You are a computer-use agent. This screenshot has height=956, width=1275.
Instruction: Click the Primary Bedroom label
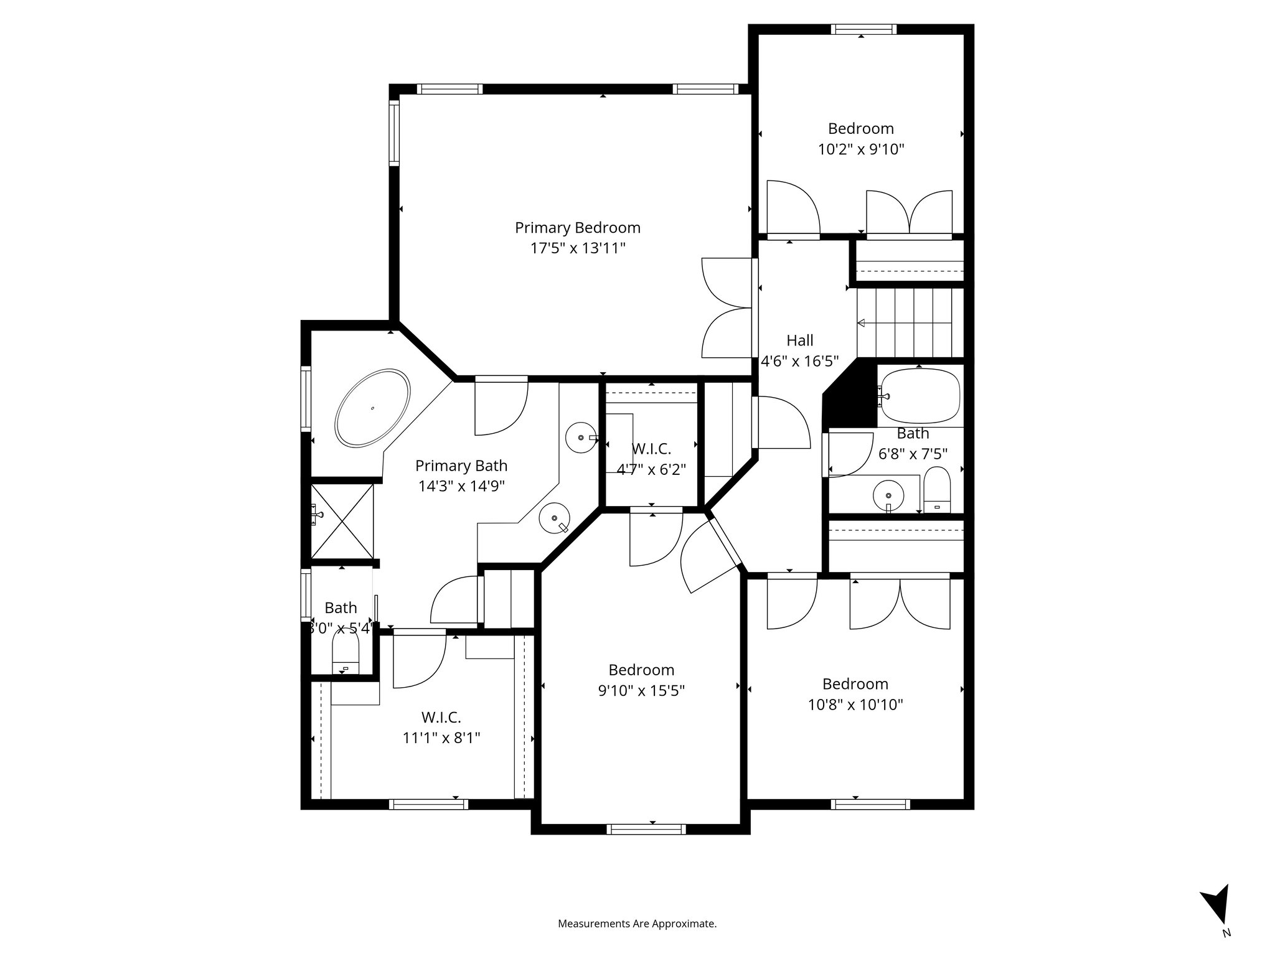coord(577,228)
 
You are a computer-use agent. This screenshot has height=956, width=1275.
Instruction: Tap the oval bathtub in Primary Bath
coord(372,408)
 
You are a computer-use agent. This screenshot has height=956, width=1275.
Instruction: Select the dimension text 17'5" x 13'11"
coord(577,248)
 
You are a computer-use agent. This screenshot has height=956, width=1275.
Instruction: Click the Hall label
coord(799,340)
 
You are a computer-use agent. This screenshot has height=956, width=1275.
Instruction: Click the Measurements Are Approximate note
coord(637,924)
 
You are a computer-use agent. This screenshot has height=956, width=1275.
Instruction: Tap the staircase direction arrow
coord(862,323)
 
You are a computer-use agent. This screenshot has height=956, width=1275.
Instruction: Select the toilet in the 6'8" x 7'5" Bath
coord(937,491)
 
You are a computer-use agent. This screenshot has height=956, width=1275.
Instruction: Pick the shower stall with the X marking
coord(341,522)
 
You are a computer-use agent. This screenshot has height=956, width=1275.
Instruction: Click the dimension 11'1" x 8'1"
coord(441,738)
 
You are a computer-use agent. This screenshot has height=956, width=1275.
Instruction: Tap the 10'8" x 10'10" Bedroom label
coord(855,684)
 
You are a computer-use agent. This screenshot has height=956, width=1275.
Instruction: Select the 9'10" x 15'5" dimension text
coord(641,691)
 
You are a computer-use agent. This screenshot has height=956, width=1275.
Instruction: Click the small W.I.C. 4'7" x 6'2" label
coord(651,449)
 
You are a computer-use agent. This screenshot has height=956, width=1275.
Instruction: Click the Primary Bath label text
coord(461,466)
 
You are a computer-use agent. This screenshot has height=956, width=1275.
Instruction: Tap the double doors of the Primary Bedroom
coord(727,307)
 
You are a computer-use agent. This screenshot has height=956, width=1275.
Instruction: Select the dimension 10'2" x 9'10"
coord(860,149)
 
